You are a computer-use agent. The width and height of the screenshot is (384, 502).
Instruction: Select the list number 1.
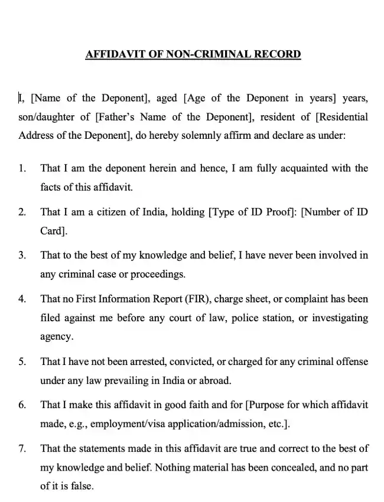pyautogui.click(x=22, y=168)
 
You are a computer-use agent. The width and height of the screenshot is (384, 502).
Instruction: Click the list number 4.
pyautogui.click(x=22, y=299)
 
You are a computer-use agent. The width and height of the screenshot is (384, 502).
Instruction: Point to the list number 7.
pyautogui.click(x=22, y=449)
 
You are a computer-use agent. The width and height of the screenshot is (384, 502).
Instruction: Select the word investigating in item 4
pyautogui.click(x=339, y=318)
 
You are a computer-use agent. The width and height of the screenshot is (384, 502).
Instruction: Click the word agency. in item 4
pyautogui.click(x=57, y=337)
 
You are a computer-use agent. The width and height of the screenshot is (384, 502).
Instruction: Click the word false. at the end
pyautogui.click(x=82, y=487)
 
